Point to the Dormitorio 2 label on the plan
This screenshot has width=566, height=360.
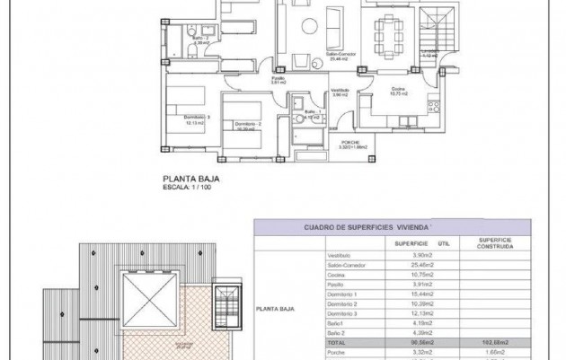[248, 125]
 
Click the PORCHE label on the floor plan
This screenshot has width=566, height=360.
[350, 142]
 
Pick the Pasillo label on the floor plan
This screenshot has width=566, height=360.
[279, 80]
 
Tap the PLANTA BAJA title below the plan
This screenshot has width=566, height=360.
[190, 179]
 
